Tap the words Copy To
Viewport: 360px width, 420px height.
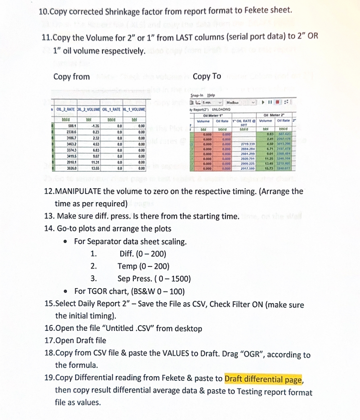(207, 76)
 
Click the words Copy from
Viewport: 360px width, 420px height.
(72, 76)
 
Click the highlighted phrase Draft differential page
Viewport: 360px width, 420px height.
(263, 380)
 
